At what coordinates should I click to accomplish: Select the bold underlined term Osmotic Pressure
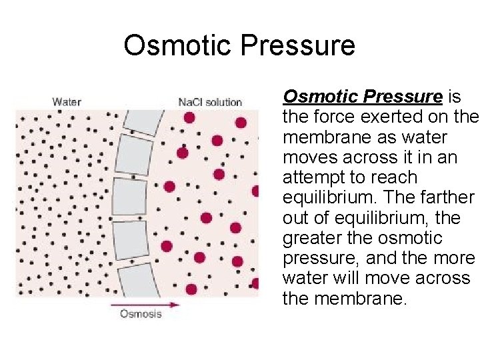coord(363,97)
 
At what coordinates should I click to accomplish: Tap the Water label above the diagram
coord(67,102)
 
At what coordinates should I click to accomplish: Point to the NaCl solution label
coord(210,102)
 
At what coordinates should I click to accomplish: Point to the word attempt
coord(313,177)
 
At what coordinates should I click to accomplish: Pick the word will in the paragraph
coord(349,277)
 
